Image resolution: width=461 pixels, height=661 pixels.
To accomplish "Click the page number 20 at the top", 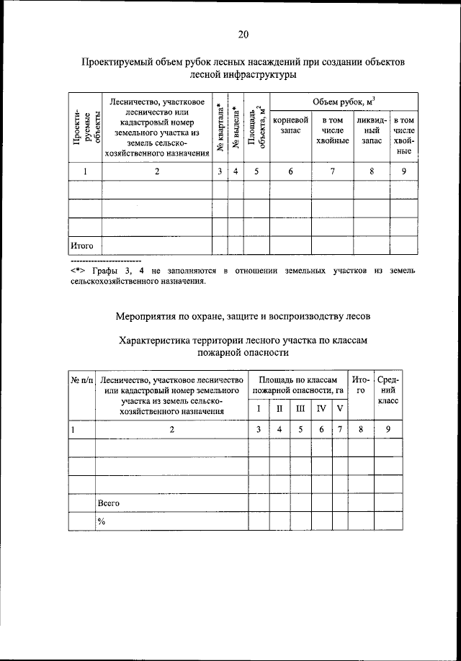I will [x=243, y=34].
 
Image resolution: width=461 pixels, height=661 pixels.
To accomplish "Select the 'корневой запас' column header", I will [x=291, y=126].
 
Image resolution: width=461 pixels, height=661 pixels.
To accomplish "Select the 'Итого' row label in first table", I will [x=82, y=246].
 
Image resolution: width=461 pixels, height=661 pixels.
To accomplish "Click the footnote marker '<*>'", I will [x=79, y=270].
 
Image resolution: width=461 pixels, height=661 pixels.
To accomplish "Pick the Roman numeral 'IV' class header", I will [x=321, y=409].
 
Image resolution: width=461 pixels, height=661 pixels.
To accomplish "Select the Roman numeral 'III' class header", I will [x=300, y=409].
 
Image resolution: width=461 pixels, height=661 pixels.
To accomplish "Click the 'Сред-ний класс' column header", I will [x=388, y=390].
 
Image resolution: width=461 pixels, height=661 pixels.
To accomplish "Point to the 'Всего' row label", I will [x=109, y=503].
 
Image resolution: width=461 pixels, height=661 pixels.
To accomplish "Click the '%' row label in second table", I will [x=102, y=522].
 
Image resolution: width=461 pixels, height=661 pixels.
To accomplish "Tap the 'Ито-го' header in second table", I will [x=361, y=385].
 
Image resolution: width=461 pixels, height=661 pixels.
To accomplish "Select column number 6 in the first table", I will [x=291, y=171].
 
